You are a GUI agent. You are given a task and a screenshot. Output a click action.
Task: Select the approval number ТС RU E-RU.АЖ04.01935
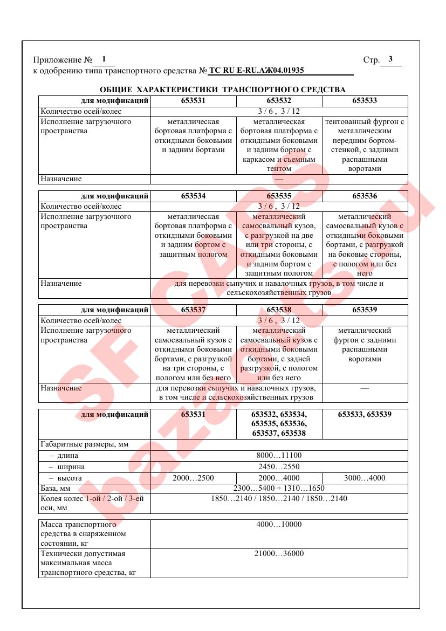pyautogui.click(x=256, y=70)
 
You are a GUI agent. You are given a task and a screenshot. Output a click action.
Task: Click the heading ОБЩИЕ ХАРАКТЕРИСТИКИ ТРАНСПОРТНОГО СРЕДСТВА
pyautogui.click(x=223, y=89)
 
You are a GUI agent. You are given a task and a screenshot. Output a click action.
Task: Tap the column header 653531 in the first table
pyautogui.click(x=193, y=100)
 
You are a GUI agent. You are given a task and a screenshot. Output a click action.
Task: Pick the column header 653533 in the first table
pyautogui.click(x=365, y=100)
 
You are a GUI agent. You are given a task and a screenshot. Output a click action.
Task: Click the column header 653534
pyautogui.click(x=193, y=196)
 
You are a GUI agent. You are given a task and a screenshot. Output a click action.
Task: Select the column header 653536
pyautogui.click(x=365, y=196)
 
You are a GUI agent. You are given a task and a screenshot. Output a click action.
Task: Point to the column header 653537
pyautogui.click(x=193, y=310)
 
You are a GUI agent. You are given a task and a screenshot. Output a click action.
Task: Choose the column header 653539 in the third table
pyautogui.click(x=365, y=310)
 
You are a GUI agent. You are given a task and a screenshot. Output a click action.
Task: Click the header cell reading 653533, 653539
pyautogui.click(x=365, y=414)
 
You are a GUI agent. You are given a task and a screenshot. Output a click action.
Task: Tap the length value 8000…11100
pyautogui.click(x=279, y=455)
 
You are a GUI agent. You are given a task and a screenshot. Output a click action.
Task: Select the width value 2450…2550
pyautogui.click(x=279, y=467)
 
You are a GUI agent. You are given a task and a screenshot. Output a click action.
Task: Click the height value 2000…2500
pyautogui.click(x=193, y=478)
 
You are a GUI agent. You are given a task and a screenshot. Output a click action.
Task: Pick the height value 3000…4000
pyautogui.click(x=365, y=478)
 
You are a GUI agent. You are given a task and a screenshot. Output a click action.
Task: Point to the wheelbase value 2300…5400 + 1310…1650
pyautogui.click(x=279, y=489)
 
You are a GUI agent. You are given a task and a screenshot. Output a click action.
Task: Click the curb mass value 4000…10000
pyautogui.click(x=279, y=524)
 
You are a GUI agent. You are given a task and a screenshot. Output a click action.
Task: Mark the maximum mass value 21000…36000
pyautogui.click(x=279, y=554)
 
